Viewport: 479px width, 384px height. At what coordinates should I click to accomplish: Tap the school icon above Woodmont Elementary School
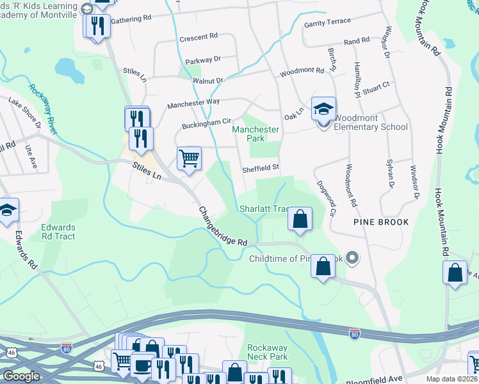tap(323, 109)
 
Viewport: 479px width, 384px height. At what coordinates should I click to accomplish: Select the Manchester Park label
tap(256, 134)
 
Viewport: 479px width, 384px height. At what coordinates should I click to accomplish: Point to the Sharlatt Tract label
tap(265, 209)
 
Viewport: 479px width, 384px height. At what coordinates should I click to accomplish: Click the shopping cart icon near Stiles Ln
tap(189, 158)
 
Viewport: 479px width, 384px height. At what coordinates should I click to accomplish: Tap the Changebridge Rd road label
tap(222, 227)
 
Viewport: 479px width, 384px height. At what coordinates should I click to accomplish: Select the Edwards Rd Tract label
tap(58, 232)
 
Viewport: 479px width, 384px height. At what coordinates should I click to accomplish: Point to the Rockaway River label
tap(44, 109)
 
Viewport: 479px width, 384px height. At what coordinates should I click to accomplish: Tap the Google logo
tap(21, 376)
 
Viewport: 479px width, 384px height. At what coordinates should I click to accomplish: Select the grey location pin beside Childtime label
tap(353, 259)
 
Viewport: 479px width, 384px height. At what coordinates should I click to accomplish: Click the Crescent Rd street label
tap(199, 37)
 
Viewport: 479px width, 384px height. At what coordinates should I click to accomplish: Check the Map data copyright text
tap(451, 379)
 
